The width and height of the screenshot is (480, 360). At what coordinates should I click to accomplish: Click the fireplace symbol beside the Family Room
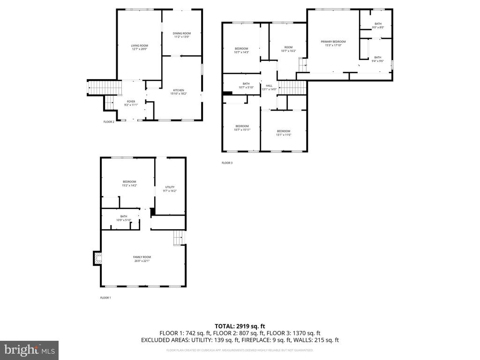point(97,258)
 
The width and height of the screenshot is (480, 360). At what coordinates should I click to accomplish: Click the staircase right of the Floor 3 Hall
point(292,87)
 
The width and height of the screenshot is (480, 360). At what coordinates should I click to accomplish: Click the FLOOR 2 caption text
point(109,122)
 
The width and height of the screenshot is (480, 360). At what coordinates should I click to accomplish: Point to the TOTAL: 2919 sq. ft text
point(240,326)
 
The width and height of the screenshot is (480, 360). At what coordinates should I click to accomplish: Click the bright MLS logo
point(29,350)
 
